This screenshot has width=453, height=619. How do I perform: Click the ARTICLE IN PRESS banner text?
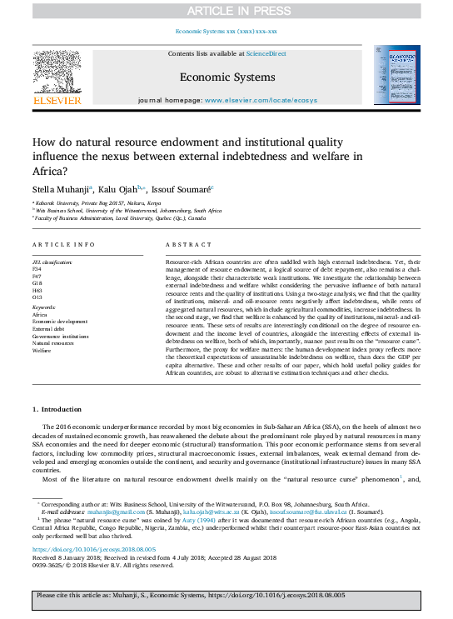[226, 11]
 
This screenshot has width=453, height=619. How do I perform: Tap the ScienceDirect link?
[266, 53]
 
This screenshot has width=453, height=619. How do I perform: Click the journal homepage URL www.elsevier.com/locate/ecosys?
[251, 99]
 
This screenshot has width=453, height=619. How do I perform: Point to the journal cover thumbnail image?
[396, 76]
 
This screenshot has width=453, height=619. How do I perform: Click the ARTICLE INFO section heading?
[62, 244]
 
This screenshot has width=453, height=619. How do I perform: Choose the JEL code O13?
[37, 297]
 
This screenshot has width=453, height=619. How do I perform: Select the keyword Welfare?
[43, 350]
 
